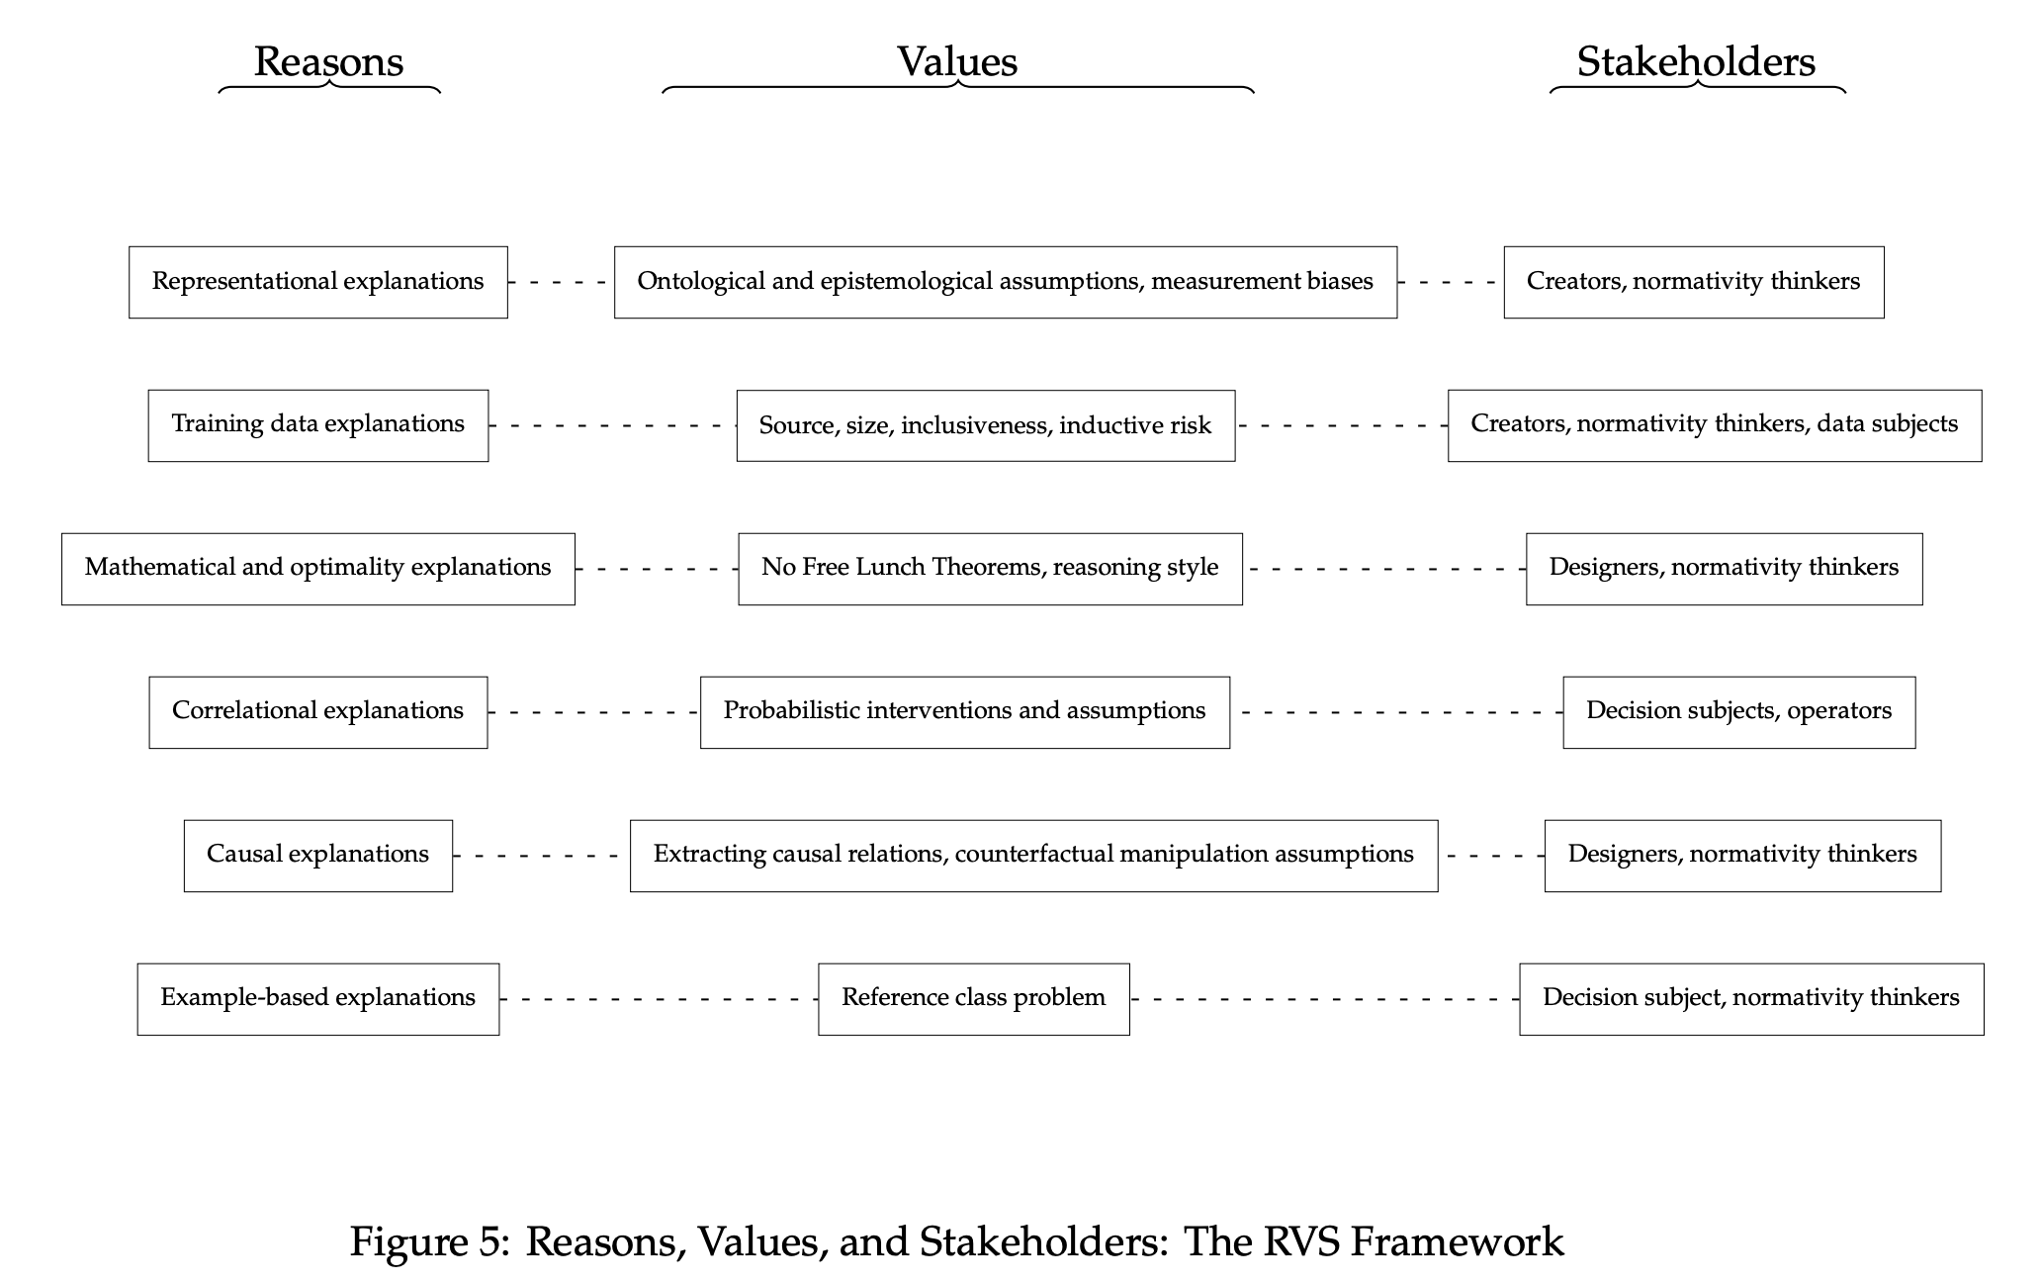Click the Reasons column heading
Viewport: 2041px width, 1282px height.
328,61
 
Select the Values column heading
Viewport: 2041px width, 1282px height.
956,61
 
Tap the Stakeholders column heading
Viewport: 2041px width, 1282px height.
1695,61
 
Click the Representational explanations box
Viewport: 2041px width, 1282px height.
317,282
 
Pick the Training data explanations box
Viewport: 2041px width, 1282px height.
317,424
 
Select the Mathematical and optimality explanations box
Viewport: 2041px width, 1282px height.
317,568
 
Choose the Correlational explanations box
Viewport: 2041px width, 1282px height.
317,711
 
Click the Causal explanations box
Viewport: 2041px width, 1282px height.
317,855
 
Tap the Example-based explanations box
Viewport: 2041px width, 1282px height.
317,998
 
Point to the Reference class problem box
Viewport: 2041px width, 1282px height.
973,998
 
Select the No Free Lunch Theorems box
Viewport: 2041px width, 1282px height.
990,568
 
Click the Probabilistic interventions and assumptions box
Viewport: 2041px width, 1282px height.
964,711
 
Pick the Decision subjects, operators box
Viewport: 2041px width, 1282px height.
1738,711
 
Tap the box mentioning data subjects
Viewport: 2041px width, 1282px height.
1714,424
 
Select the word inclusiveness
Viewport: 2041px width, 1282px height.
975,425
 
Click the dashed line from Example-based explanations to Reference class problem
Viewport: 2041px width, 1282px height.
659,999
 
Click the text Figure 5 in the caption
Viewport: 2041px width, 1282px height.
427,1241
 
